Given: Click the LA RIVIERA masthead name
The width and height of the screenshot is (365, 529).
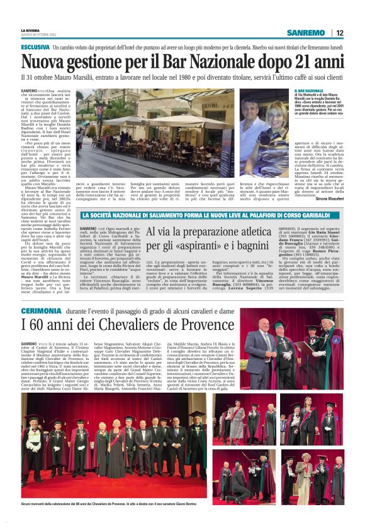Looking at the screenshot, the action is (30, 30).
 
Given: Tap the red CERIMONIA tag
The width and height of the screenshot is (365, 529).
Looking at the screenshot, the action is (41, 312).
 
